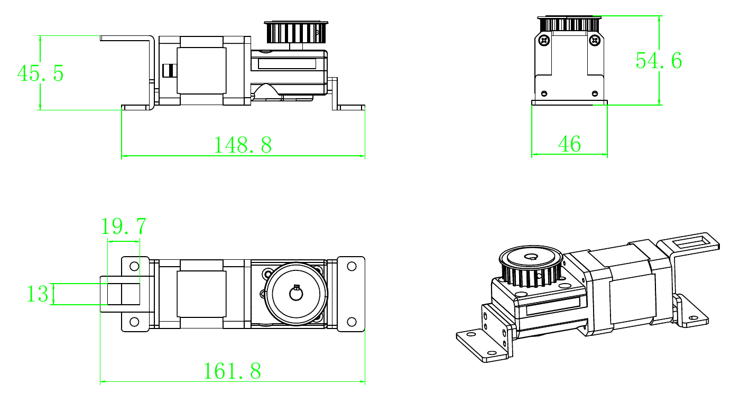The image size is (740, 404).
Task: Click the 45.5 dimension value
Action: pyautogui.click(x=40, y=73)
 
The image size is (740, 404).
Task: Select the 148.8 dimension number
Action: pyautogui.click(x=243, y=145)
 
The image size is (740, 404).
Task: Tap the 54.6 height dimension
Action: pyautogui.click(x=659, y=61)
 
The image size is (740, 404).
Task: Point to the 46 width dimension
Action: pyautogui.click(x=570, y=144)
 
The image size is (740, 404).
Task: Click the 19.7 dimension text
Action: pyautogui.click(x=123, y=227)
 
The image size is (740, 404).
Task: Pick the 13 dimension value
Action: pyautogui.click(x=38, y=294)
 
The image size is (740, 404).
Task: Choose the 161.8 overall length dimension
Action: pyautogui.click(x=232, y=371)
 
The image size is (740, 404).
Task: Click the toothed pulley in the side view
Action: pyautogui.click(x=296, y=32)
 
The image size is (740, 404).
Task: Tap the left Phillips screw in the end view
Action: pyautogui.click(x=544, y=41)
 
